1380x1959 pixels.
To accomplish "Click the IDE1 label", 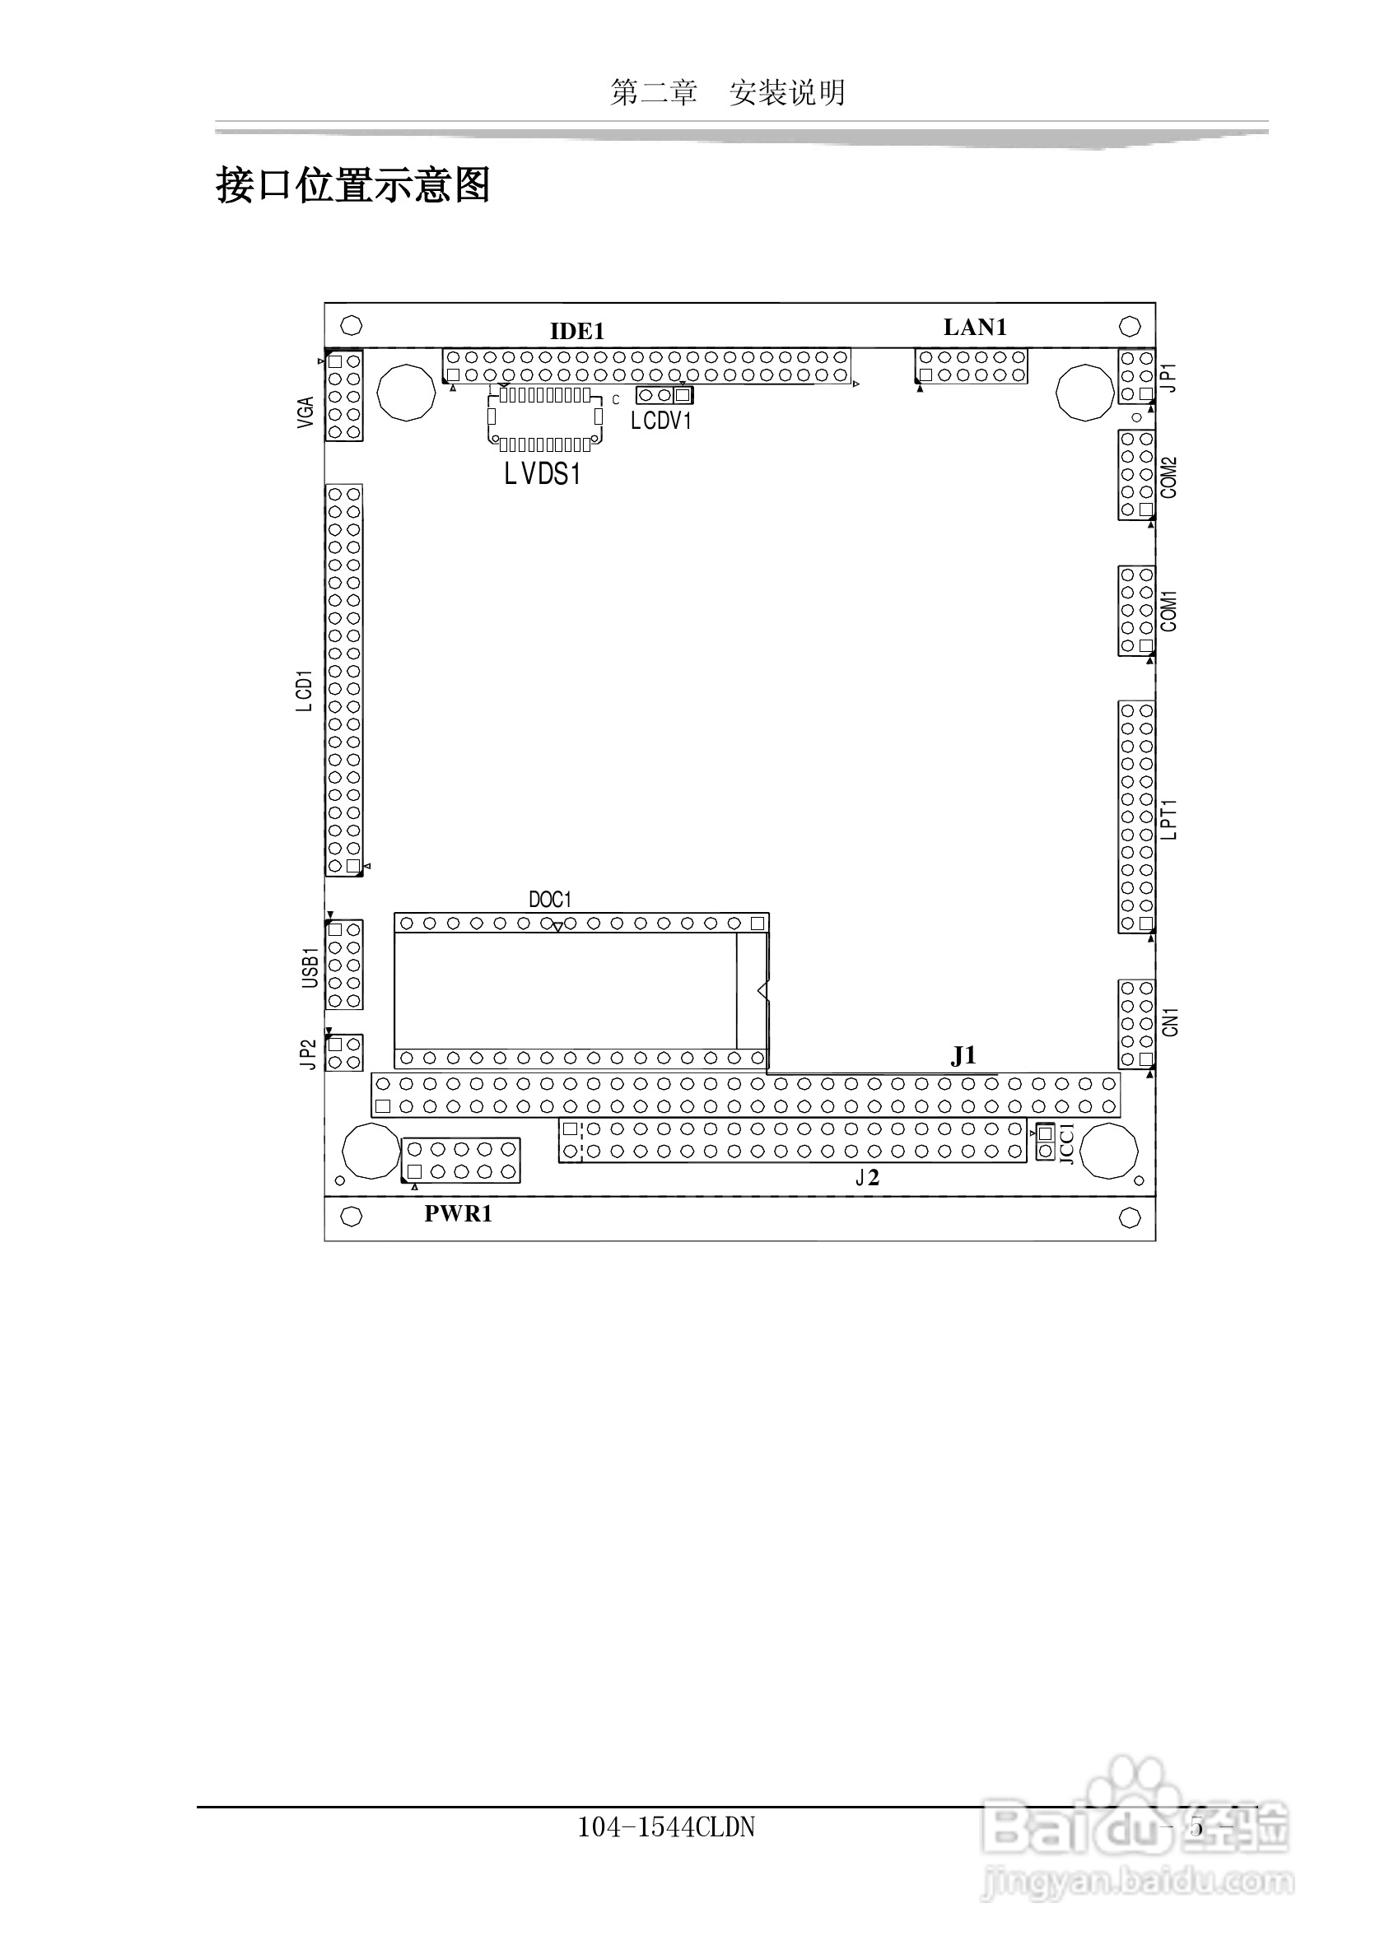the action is (577, 331).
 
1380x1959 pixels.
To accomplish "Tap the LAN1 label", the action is (975, 327).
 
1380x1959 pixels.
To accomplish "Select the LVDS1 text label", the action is (543, 473).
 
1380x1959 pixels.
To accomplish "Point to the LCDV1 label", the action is (660, 421).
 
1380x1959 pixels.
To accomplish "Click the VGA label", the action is (305, 412).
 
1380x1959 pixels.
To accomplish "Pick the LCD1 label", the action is (304, 691).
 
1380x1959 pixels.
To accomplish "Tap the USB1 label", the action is (310, 967).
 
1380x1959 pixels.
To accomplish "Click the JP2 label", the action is (309, 1054).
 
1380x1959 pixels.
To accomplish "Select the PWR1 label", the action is (459, 1214).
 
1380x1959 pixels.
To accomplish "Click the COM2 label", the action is (1169, 477).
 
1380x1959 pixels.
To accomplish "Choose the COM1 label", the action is (1169, 611).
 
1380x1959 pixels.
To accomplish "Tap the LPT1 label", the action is (1169, 820).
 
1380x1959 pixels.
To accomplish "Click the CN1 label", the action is (1170, 1022).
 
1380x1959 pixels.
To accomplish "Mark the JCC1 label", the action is (1067, 1143).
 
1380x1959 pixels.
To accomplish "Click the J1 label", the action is (963, 1056).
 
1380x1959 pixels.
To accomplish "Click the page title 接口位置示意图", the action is (353, 185).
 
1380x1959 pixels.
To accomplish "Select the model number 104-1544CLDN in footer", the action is (666, 1826).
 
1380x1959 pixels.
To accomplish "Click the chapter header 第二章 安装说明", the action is (728, 92).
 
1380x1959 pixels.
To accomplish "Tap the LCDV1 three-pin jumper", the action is (664, 395).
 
